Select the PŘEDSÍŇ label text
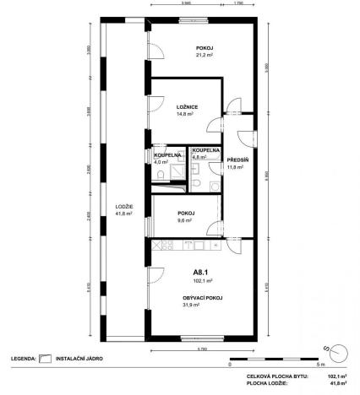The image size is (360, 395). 235,160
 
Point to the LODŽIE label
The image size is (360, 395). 123,206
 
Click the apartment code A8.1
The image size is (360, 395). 200,273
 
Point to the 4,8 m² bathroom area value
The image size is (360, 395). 199,157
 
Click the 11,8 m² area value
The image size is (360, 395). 235,167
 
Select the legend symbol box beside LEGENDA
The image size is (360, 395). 46,359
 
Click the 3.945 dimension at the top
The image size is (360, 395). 186,4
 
